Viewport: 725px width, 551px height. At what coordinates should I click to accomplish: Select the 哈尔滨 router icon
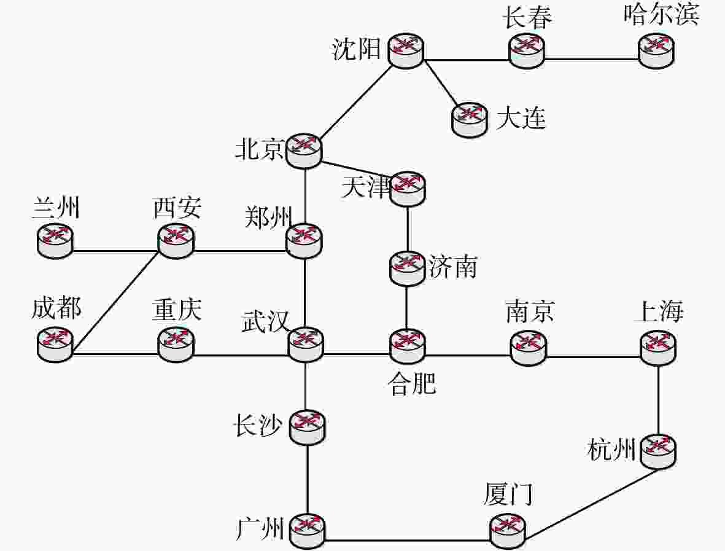656,50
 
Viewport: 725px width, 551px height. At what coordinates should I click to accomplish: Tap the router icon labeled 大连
470,118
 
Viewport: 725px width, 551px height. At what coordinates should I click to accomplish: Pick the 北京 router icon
304,149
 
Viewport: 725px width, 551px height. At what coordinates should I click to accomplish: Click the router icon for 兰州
55,239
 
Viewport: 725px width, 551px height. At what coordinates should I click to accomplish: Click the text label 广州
260,528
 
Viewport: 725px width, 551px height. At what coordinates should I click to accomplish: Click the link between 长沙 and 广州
306,479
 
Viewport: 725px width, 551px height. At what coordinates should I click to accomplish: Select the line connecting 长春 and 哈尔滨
591,60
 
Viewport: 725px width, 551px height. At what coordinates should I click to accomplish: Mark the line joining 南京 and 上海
593,356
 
